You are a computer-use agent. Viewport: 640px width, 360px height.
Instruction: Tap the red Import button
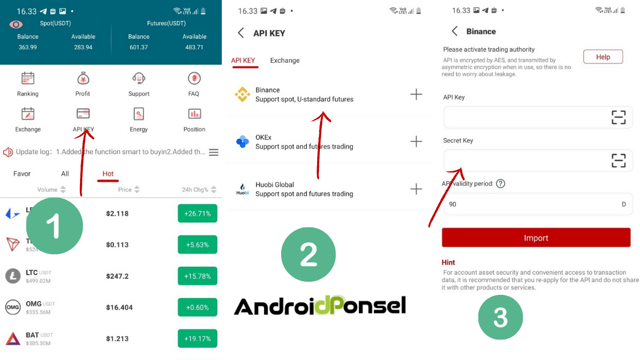coord(536,238)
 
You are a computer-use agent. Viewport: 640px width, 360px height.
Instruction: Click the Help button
coord(603,57)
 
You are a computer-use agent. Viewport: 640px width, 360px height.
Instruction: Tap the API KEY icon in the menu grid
coord(83,114)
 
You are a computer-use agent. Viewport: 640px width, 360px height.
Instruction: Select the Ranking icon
coord(27,78)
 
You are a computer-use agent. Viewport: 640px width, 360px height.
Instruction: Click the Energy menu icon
coord(139,114)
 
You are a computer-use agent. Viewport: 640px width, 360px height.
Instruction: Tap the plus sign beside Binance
coord(417,94)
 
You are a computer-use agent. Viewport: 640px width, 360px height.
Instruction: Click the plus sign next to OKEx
coord(417,142)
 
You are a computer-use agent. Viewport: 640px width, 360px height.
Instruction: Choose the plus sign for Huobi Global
coord(417,189)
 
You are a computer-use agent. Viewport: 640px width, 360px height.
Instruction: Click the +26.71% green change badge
coord(197,214)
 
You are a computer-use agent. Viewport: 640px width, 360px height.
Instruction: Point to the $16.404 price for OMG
coord(119,307)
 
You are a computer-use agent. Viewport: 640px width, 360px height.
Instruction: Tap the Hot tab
coord(108,174)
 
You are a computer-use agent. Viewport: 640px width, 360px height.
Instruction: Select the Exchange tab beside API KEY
coord(285,61)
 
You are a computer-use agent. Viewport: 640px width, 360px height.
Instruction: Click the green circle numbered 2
coord(309,255)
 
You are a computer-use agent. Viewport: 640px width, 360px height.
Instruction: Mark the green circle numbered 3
coord(500,317)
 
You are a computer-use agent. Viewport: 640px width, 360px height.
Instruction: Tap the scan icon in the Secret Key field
coord(618,161)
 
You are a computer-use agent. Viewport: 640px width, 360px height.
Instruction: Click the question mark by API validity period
coord(501,183)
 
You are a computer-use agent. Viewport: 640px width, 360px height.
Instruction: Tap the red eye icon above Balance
coord(16,24)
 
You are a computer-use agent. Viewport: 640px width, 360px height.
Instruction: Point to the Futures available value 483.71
coord(194,47)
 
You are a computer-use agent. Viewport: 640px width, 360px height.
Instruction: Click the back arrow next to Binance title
coord(455,31)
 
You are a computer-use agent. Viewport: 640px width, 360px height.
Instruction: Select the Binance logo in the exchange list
coord(242,94)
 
